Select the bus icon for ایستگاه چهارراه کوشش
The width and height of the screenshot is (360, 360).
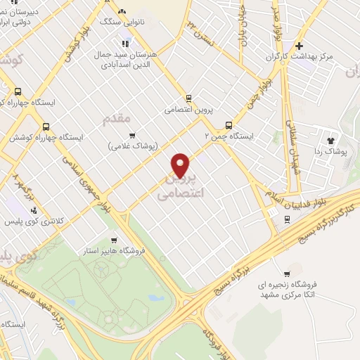(x=46, y=127)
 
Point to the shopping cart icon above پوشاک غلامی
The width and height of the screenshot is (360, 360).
(x=131, y=136)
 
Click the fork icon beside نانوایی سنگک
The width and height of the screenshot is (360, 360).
(x=122, y=11)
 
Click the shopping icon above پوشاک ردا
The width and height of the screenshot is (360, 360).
(x=331, y=134)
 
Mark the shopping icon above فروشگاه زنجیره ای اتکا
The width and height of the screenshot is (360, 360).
(x=286, y=274)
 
